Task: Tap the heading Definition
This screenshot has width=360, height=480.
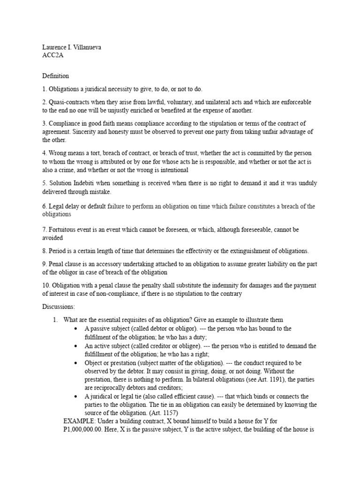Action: [55, 75]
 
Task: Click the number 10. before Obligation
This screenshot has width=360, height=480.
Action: [46, 285]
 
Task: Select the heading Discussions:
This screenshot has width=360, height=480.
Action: [58, 306]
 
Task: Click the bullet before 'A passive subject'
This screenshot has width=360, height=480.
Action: [75, 329]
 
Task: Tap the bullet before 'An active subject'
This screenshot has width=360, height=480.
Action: [75, 346]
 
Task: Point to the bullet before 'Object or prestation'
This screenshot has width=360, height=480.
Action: [75, 363]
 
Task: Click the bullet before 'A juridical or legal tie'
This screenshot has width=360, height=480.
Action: [75, 397]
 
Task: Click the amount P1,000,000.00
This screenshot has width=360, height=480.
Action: [82, 430]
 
